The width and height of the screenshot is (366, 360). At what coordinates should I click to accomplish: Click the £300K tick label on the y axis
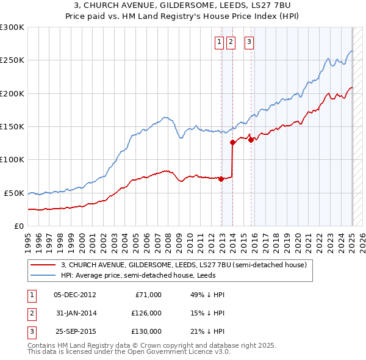(12, 27)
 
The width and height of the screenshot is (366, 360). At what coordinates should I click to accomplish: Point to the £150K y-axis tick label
(12, 126)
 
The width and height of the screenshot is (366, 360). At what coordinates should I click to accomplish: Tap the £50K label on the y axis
(14, 193)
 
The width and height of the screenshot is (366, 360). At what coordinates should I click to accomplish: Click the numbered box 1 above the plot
(219, 42)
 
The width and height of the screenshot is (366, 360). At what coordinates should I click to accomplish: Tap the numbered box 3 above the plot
(249, 42)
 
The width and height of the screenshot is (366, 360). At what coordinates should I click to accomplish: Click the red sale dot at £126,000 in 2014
(232, 143)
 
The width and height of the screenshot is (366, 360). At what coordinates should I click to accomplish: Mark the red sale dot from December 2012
(221, 179)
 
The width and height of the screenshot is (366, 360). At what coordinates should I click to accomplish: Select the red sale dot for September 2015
(251, 140)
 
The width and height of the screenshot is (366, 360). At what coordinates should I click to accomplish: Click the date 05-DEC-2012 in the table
(75, 295)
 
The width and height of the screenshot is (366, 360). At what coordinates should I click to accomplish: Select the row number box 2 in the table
(30, 313)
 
